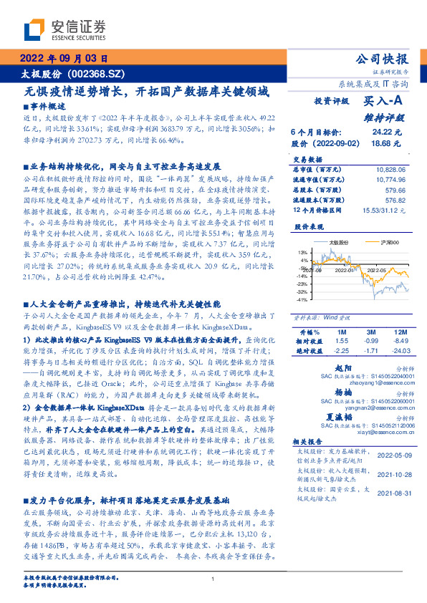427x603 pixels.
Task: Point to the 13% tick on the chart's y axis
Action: (302, 253)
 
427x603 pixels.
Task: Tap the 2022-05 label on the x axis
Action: (378, 270)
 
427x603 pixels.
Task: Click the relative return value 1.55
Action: (342, 342)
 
